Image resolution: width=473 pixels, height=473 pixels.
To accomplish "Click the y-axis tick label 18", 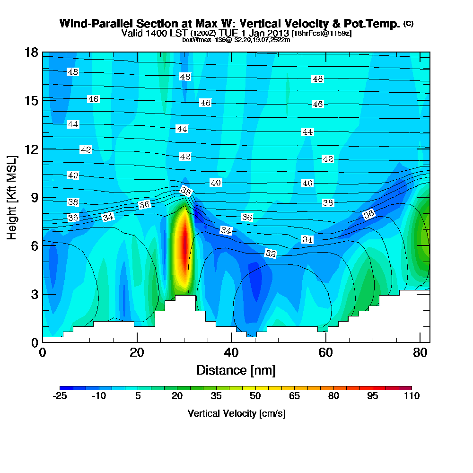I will coord(31,52).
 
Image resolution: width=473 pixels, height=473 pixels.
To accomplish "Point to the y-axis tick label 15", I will coord(31,100).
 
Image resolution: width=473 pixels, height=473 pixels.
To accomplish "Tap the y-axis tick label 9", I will coord(34,197).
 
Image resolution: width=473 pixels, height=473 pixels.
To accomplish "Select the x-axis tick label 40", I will coord(231,353).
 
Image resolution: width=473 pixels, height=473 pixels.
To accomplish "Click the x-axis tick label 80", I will coord(420,353).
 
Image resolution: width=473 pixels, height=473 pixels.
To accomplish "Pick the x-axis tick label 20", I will coord(137,353).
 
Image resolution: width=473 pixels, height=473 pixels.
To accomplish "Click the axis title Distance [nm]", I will coord(236,370).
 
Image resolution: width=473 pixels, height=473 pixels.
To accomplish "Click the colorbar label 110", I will coord(412,396).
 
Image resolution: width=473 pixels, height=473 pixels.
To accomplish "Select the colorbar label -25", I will coord(60,396).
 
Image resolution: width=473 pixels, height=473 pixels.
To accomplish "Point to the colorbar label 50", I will coord(255,396).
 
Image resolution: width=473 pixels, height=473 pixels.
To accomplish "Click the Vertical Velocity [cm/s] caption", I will coord(236,413).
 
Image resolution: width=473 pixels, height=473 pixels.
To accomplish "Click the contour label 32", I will coord(271,254).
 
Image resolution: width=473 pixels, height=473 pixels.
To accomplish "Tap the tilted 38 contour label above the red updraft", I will coord(186,191).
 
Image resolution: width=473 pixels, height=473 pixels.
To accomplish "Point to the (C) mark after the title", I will coord(408,23).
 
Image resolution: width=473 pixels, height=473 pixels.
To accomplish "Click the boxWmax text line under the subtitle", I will coord(236,40).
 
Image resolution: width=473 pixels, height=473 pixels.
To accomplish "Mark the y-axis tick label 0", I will coord(34,342).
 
